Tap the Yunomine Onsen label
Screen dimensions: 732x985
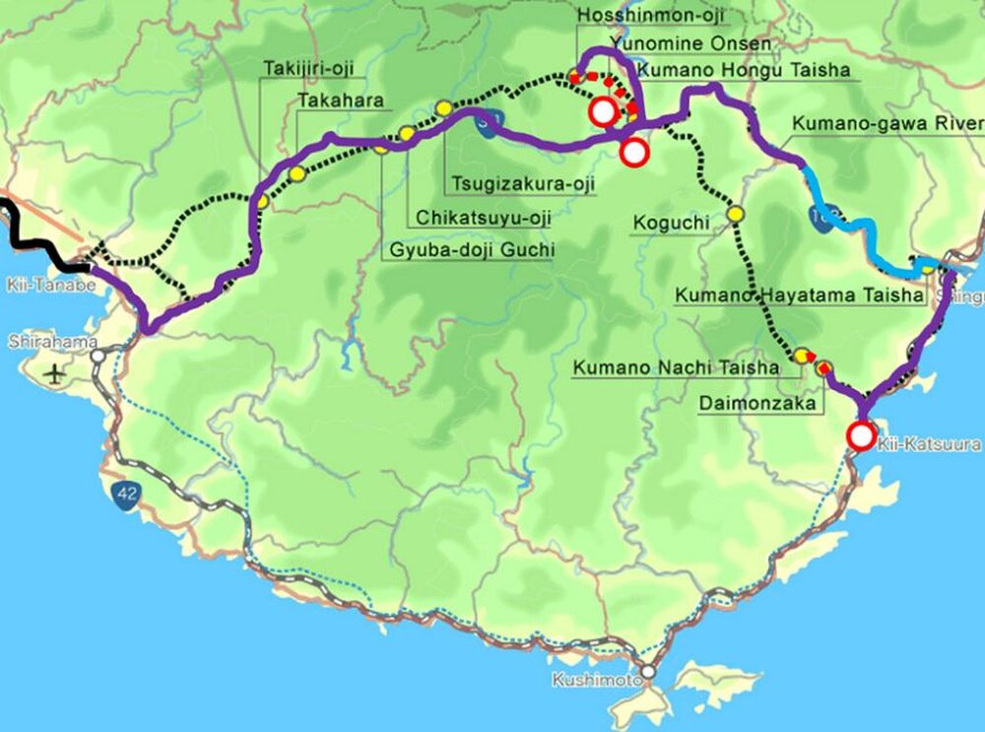[689, 44]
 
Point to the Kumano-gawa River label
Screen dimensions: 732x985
[886, 124]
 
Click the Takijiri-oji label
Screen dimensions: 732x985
[308, 68]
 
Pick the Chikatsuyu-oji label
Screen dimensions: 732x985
[483, 217]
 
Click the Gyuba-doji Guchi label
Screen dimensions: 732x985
[468, 250]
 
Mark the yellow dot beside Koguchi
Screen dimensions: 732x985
[735, 214]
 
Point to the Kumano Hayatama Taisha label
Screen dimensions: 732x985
[799, 295]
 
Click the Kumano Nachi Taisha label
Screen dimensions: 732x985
[676, 368]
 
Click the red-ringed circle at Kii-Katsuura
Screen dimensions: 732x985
[862, 435]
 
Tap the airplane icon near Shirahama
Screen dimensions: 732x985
[52, 374]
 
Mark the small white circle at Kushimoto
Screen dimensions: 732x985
[647, 673]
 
